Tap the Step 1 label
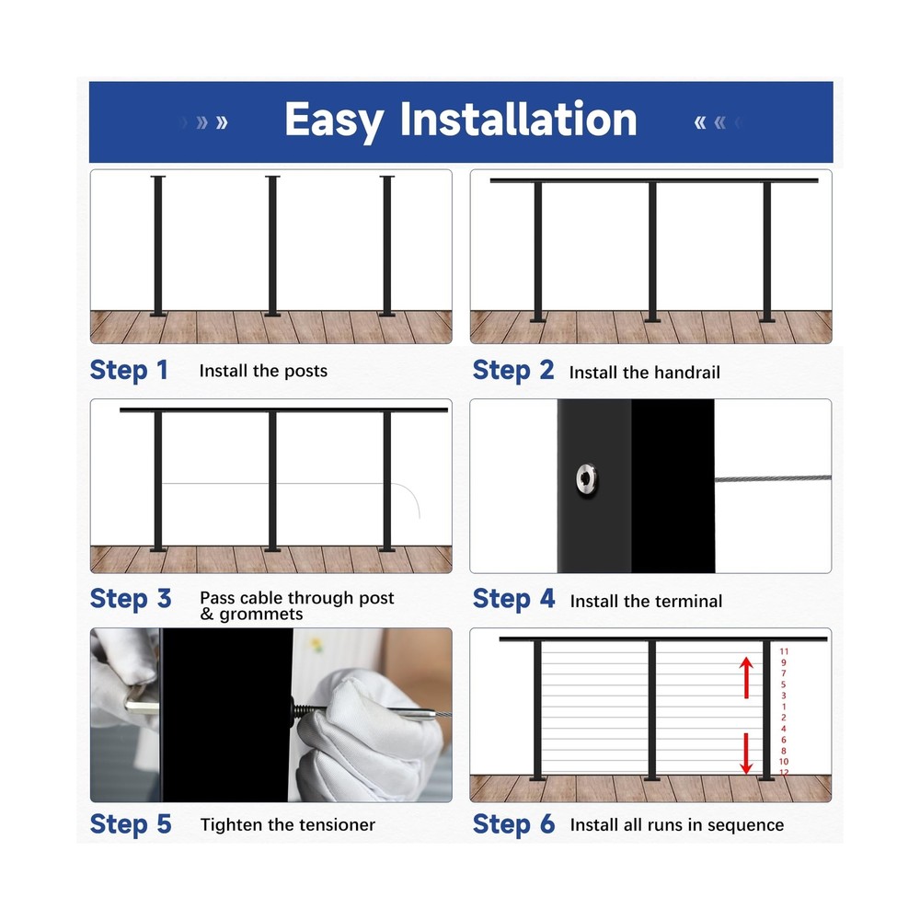129,371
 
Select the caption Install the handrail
644,373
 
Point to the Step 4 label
513,599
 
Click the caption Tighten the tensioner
287,824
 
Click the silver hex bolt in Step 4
585,477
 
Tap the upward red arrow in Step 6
747,678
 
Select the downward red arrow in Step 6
747,753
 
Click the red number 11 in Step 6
784,651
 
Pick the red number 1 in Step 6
784,707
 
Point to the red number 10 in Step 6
784,762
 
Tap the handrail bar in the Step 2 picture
653,180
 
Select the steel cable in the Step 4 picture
773,478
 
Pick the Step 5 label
131,824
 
